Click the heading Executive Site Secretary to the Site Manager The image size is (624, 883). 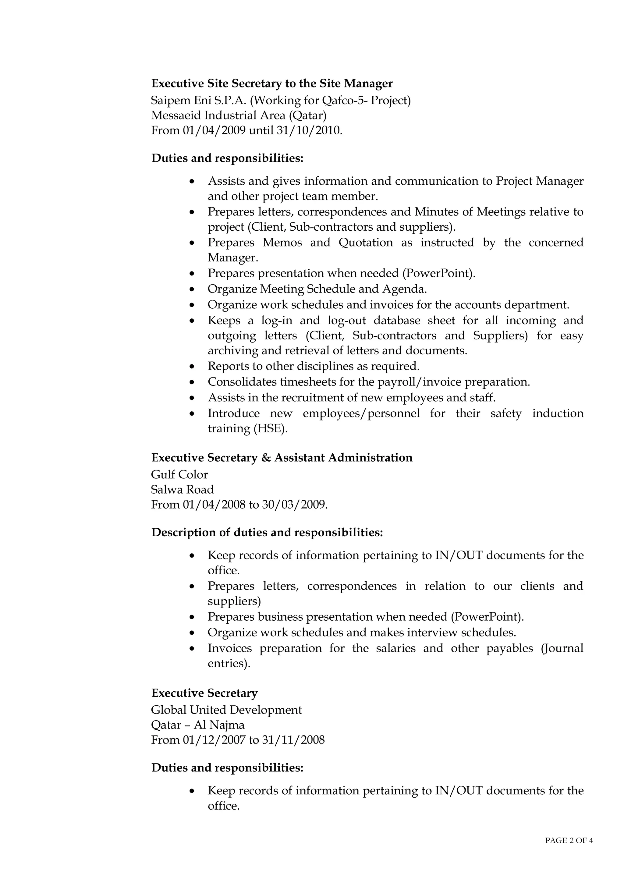[272, 83]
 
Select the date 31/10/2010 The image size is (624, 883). [309, 131]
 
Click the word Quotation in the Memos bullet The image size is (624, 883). [366, 243]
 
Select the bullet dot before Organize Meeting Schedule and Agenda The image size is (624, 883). [193, 289]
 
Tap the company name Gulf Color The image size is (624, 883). [179, 475]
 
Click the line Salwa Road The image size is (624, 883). [182, 490]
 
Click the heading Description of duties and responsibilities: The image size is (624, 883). [267, 533]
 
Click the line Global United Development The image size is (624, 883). [226, 710]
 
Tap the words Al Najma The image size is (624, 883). [219, 725]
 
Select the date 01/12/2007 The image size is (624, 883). [214, 740]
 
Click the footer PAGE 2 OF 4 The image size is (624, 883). [569, 841]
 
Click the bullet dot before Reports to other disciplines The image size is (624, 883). [193, 367]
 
